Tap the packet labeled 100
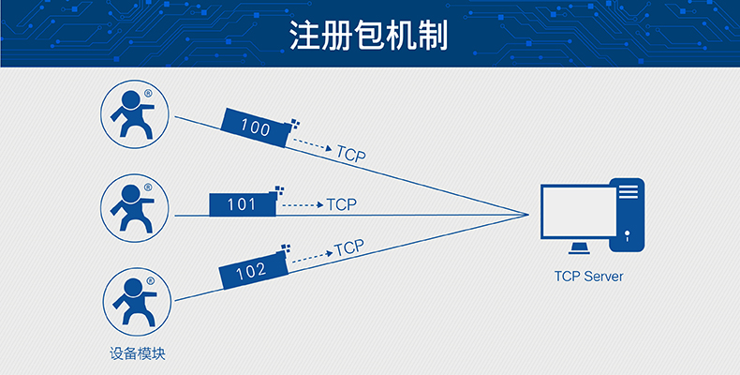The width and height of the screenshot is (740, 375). pyautogui.click(x=256, y=127)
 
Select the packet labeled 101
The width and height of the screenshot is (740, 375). pyautogui.click(x=242, y=203)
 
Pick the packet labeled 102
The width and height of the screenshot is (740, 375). pyautogui.click(x=251, y=272)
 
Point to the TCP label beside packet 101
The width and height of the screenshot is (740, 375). pyautogui.click(x=341, y=204)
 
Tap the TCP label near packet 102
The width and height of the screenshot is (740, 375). pyautogui.click(x=348, y=247)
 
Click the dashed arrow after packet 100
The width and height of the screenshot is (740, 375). pyautogui.click(x=313, y=145)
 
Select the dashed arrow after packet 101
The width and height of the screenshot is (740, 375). pyautogui.click(x=302, y=204)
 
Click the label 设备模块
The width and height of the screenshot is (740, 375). pyautogui.click(x=137, y=353)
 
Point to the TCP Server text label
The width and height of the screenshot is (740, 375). pyautogui.click(x=588, y=277)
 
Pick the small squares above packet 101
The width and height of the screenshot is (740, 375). pyautogui.click(x=278, y=190)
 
